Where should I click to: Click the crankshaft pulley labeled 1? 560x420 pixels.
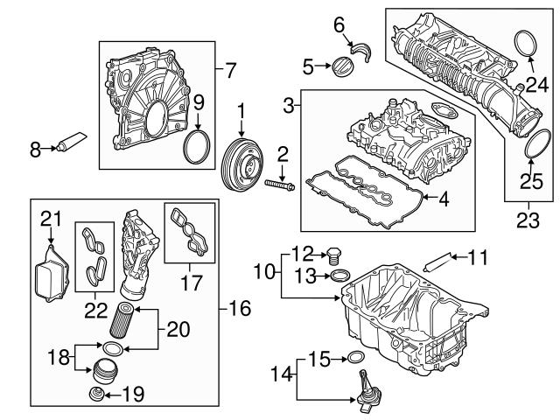click(241, 164)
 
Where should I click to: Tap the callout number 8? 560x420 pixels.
click(36, 151)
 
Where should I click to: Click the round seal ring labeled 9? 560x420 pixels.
click(199, 147)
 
